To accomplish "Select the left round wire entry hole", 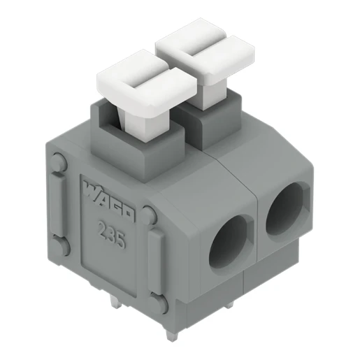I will pyautogui.click(x=230, y=242).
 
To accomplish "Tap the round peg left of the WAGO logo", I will pyautogui.click(x=59, y=162).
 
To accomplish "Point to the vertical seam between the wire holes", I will pyautogui.click(x=259, y=231).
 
